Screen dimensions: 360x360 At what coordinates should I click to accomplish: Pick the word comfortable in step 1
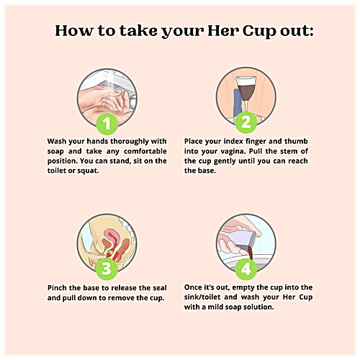click(x=142, y=152)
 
